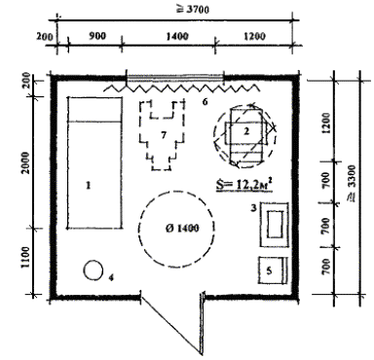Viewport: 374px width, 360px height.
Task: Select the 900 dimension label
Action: [97, 35]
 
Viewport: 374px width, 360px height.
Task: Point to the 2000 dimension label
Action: [25, 162]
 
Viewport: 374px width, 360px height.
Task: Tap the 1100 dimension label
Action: [25, 258]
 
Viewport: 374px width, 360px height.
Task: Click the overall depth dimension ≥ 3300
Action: [352, 183]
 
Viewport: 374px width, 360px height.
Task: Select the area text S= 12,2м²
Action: [244, 185]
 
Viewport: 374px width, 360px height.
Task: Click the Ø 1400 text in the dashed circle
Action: [181, 229]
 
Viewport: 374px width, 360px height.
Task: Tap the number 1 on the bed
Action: [88, 186]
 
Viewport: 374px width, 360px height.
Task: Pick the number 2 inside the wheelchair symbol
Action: [246, 131]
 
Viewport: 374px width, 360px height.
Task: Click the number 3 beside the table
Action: [253, 208]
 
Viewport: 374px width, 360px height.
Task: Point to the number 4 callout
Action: [111, 277]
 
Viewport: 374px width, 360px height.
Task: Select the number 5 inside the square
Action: [269, 270]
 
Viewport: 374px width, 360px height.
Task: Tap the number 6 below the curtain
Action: [205, 101]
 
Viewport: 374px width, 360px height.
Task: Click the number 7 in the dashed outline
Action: [164, 135]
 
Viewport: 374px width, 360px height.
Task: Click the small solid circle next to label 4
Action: [93, 270]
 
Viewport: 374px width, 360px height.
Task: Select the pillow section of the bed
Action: [94, 109]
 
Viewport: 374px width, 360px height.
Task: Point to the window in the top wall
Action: [174, 78]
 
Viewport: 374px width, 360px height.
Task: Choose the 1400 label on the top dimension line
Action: [177, 36]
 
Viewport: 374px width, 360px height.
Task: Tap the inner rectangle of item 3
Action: [277, 224]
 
